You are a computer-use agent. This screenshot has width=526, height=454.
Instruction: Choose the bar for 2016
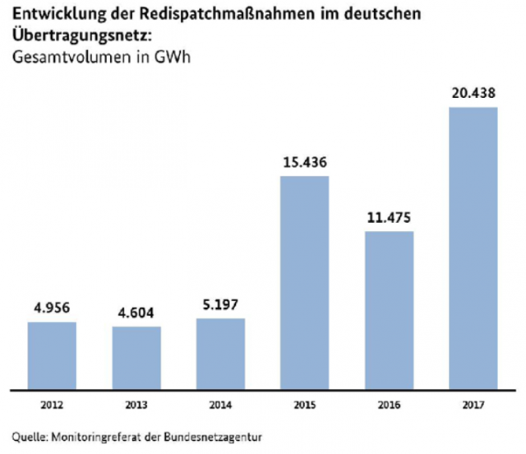390,309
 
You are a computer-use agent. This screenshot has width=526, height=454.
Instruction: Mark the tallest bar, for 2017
473,248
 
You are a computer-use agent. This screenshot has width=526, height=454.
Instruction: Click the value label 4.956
52,310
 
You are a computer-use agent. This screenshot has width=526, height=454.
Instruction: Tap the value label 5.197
221,306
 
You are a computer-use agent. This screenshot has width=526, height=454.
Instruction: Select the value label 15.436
304,163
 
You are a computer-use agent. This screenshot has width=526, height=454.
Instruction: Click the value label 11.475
390,219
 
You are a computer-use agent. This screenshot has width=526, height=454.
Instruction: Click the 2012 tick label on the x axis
52,403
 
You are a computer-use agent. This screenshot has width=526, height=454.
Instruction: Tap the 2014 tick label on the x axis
221,403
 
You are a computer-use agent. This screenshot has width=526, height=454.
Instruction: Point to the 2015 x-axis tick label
304,403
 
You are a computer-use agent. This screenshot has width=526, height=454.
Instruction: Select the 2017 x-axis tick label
473,403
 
